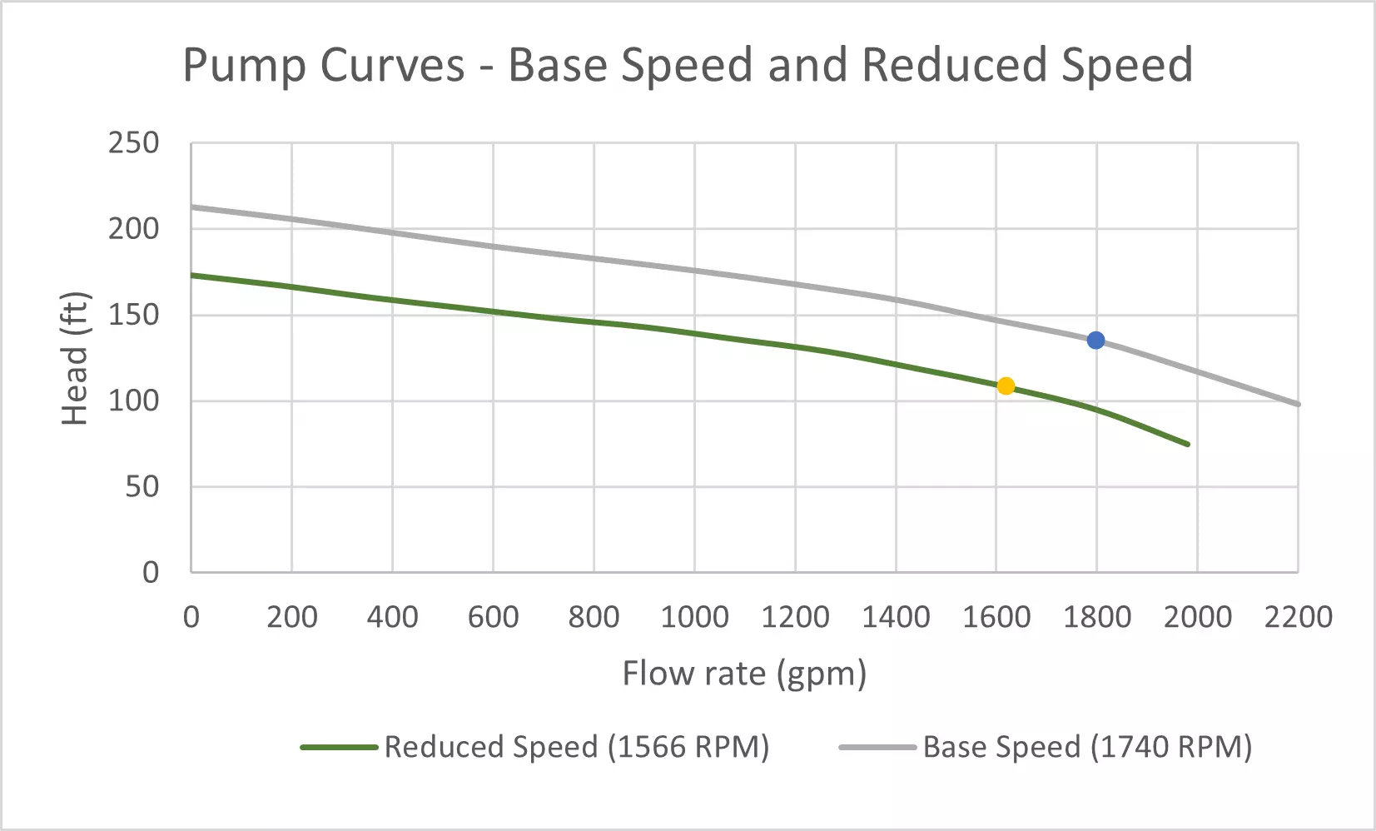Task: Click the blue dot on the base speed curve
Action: point(1095,340)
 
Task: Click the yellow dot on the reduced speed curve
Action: point(1006,386)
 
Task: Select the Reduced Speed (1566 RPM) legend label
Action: point(576,747)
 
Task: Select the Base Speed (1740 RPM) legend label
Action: point(1087,747)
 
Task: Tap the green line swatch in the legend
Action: point(340,747)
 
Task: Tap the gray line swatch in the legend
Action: point(877,747)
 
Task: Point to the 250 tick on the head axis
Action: point(133,143)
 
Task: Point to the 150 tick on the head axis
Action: point(133,315)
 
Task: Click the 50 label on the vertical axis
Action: point(142,486)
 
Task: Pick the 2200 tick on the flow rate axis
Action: point(1298,617)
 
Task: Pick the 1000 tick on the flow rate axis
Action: point(694,617)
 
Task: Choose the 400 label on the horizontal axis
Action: point(392,617)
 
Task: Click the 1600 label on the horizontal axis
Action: point(996,617)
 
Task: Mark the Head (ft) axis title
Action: point(75,358)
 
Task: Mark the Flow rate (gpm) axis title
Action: point(744,673)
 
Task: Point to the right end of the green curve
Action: point(1188,444)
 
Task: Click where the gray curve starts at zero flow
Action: point(192,207)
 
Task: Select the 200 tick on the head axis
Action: point(133,229)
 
